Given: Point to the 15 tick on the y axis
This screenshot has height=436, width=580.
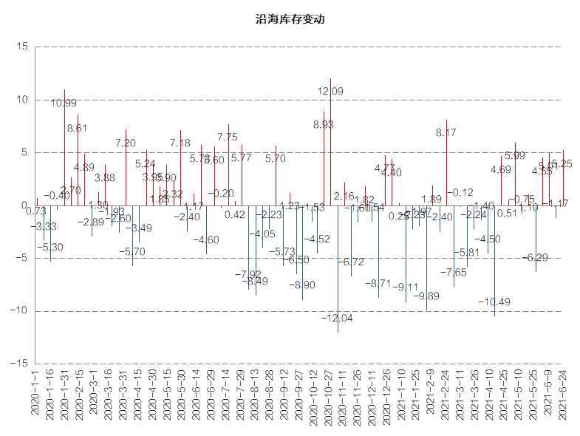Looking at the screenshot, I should (x=21, y=47).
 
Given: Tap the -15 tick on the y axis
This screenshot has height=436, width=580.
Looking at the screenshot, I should (x=18, y=364).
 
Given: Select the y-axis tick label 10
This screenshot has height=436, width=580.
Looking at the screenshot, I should (x=21, y=100).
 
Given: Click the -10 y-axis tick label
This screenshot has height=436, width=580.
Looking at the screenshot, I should (x=18, y=311).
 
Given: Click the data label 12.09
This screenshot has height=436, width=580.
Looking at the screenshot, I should (x=330, y=92).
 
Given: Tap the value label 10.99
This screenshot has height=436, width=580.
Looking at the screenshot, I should (x=64, y=103).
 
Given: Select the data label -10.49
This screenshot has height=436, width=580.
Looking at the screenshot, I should (x=494, y=302).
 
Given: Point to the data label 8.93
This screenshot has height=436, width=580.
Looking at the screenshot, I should (x=323, y=125).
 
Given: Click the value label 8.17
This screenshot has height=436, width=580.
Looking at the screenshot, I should (x=446, y=133).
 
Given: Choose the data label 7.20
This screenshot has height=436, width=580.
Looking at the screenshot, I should (x=126, y=143).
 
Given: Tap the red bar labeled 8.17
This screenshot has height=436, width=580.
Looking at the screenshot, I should (x=446, y=163).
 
